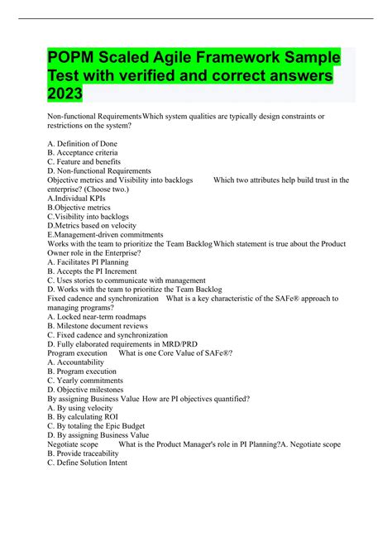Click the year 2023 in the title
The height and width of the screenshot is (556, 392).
coord(65,96)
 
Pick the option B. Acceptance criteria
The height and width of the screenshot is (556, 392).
coord(83,152)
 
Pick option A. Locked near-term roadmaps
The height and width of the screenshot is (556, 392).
coord(97,315)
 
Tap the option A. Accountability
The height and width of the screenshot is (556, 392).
coord(76,362)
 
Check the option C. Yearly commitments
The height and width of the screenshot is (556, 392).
coord(87,380)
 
